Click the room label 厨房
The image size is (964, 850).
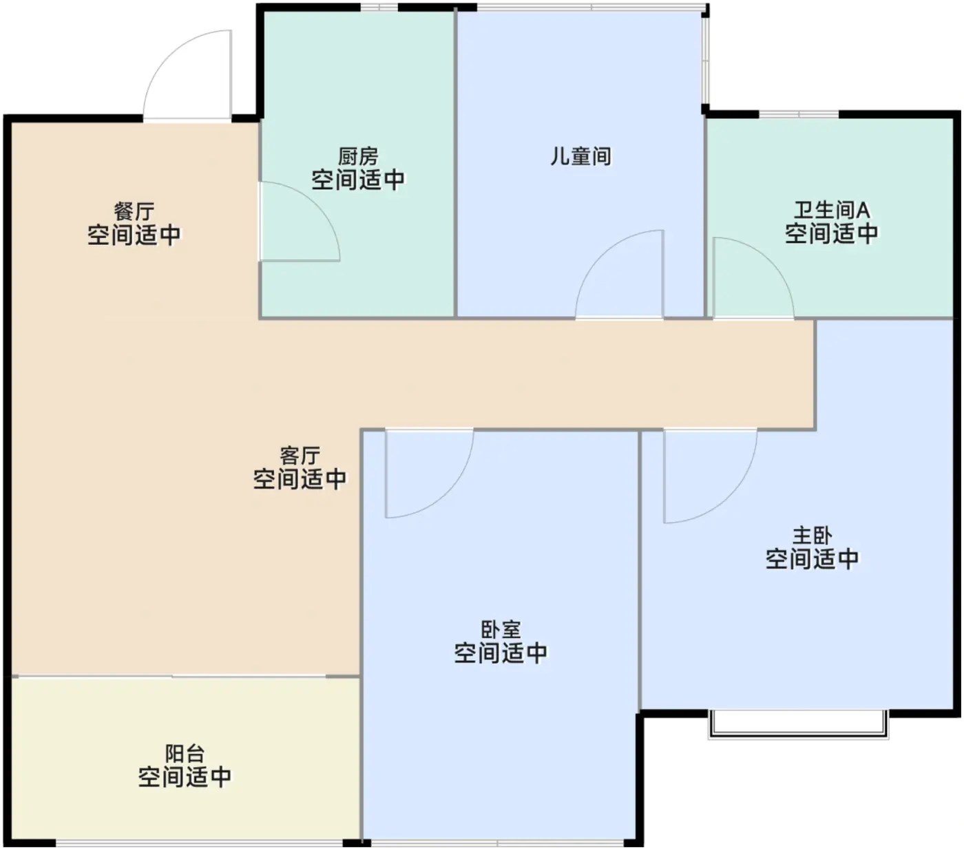tap(358, 156)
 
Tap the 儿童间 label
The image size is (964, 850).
tap(580, 156)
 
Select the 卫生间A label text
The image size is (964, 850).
tap(831, 210)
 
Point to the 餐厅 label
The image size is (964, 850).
tap(134, 211)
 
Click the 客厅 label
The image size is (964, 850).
tap(300, 455)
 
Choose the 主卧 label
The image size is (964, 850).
tap(813, 535)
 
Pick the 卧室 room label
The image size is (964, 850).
tap(501, 629)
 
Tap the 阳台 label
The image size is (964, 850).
tap(185, 754)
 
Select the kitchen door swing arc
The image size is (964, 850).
tap(317, 204)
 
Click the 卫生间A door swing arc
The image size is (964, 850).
tap(770, 260)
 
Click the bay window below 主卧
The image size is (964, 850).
tap(798, 725)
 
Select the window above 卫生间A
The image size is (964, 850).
tap(799, 114)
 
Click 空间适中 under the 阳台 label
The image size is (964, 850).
tap(185, 777)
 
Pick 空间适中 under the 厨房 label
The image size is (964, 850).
tap(358, 180)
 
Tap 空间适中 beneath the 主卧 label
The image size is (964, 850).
tap(813, 559)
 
